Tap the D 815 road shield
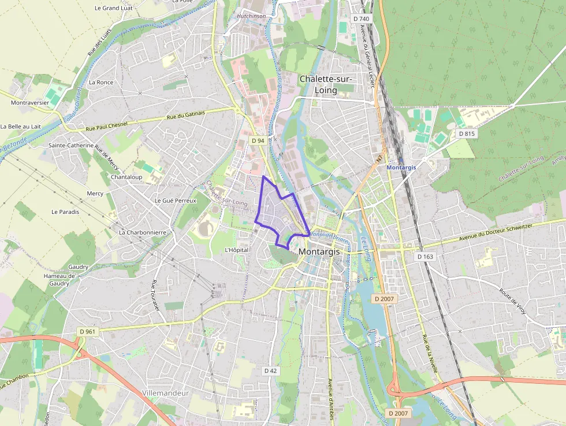coord(467,134)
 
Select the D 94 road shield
coord(258,140)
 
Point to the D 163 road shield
coord(425,256)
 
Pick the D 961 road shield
coord(87,332)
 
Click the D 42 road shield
coord(270,371)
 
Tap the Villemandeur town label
coord(166,393)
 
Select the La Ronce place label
coord(101,83)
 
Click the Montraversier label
coord(30,102)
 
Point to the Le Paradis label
coord(65,212)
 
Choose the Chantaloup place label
coord(126,177)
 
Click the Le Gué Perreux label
coord(176,201)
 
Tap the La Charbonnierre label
coord(143,232)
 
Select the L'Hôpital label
coord(236,250)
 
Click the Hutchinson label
coord(251,16)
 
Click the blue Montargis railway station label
coord(401,167)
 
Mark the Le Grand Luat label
coord(114,8)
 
